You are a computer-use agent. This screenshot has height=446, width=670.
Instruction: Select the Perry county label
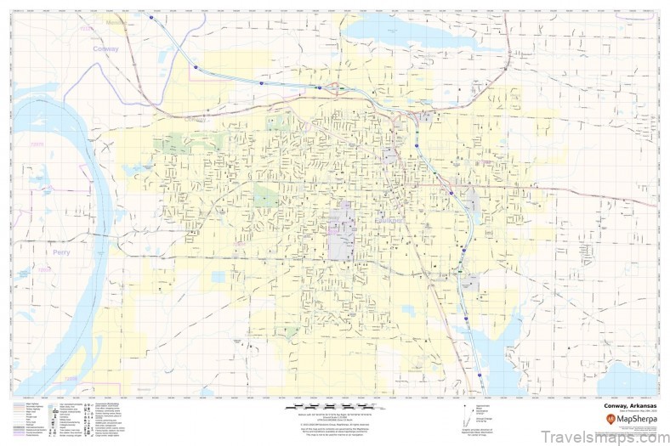60,252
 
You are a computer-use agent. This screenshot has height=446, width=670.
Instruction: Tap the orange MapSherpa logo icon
611,418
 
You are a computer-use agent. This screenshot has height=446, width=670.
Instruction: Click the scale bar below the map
334,407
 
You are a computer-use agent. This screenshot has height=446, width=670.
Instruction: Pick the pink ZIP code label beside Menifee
87,30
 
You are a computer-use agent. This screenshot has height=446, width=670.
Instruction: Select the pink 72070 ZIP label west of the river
37,144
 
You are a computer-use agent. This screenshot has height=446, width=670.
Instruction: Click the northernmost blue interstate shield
151,17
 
